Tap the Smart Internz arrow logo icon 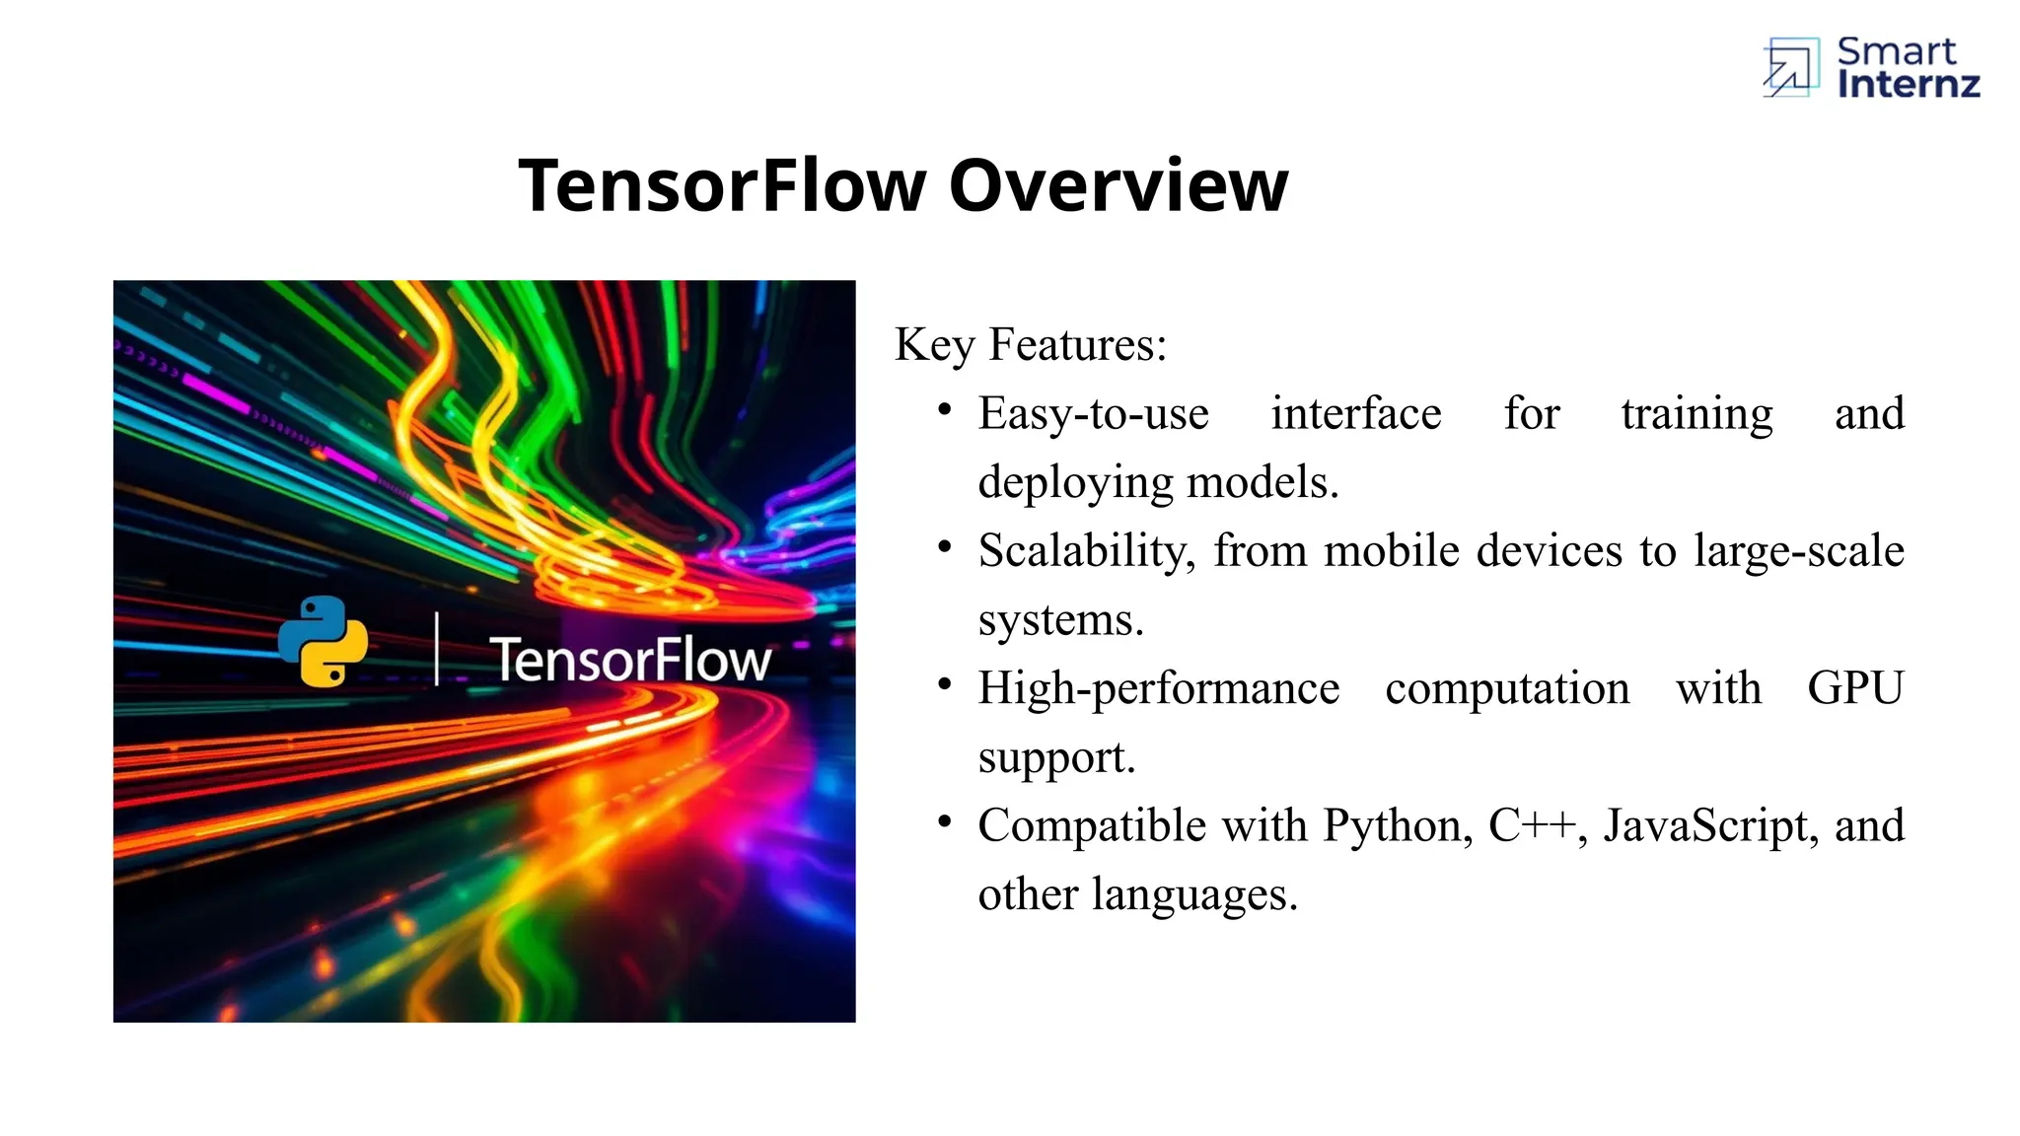pos(1790,68)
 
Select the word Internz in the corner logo pos(1909,85)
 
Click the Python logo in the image pos(323,641)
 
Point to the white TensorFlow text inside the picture pos(630,660)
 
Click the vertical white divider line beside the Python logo pos(437,649)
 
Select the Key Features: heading pos(1031,345)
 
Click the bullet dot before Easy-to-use pos(945,409)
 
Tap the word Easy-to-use pos(1093,414)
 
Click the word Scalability pos(1086,551)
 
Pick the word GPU pos(1854,688)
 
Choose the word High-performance pos(1159,689)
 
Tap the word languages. pos(1194,895)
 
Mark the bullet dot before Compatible pos(945,820)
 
